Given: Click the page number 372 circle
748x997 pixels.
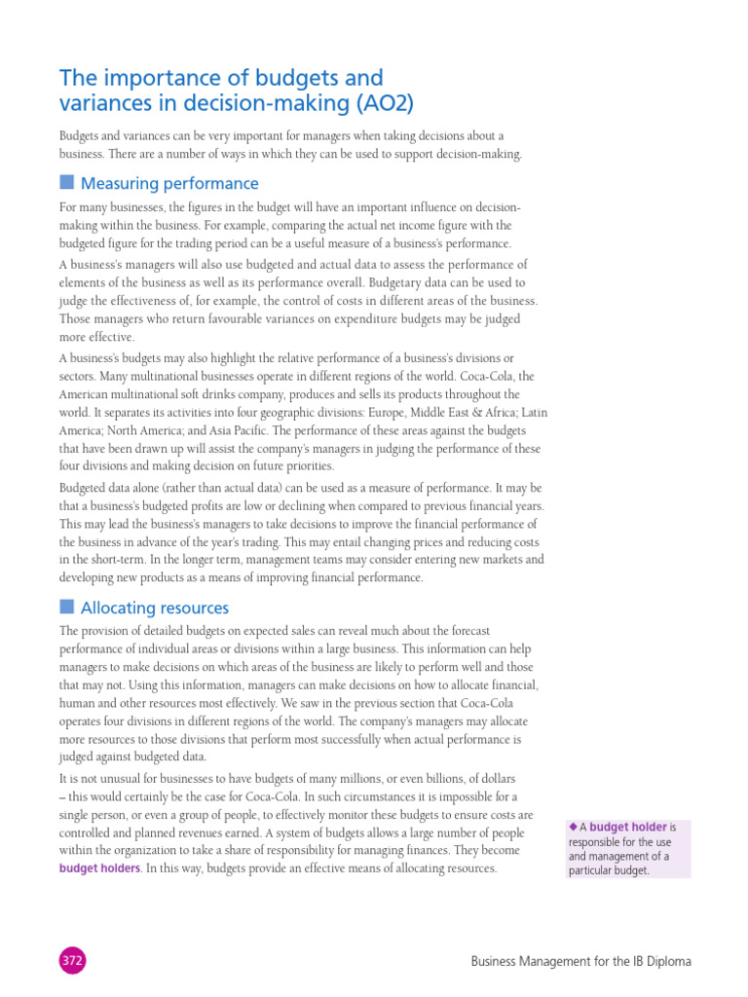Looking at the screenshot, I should pyautogui.click(x=73, y=961).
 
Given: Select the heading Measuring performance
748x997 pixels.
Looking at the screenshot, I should pyautogui.click(x=169, y=183).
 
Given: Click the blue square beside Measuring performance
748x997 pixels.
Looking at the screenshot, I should pyautogui.click(x=66, y=182).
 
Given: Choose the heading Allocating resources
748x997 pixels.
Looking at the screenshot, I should pyautogui.click(x=155, y=608).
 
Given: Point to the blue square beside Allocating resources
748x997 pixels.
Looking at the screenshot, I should pyautogui.click(x=66, y=607).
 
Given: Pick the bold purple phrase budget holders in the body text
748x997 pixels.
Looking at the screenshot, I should pyautogui.click(x=99, y=868).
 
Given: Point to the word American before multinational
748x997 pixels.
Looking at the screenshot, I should pyautogui.click(x=89, y=394).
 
